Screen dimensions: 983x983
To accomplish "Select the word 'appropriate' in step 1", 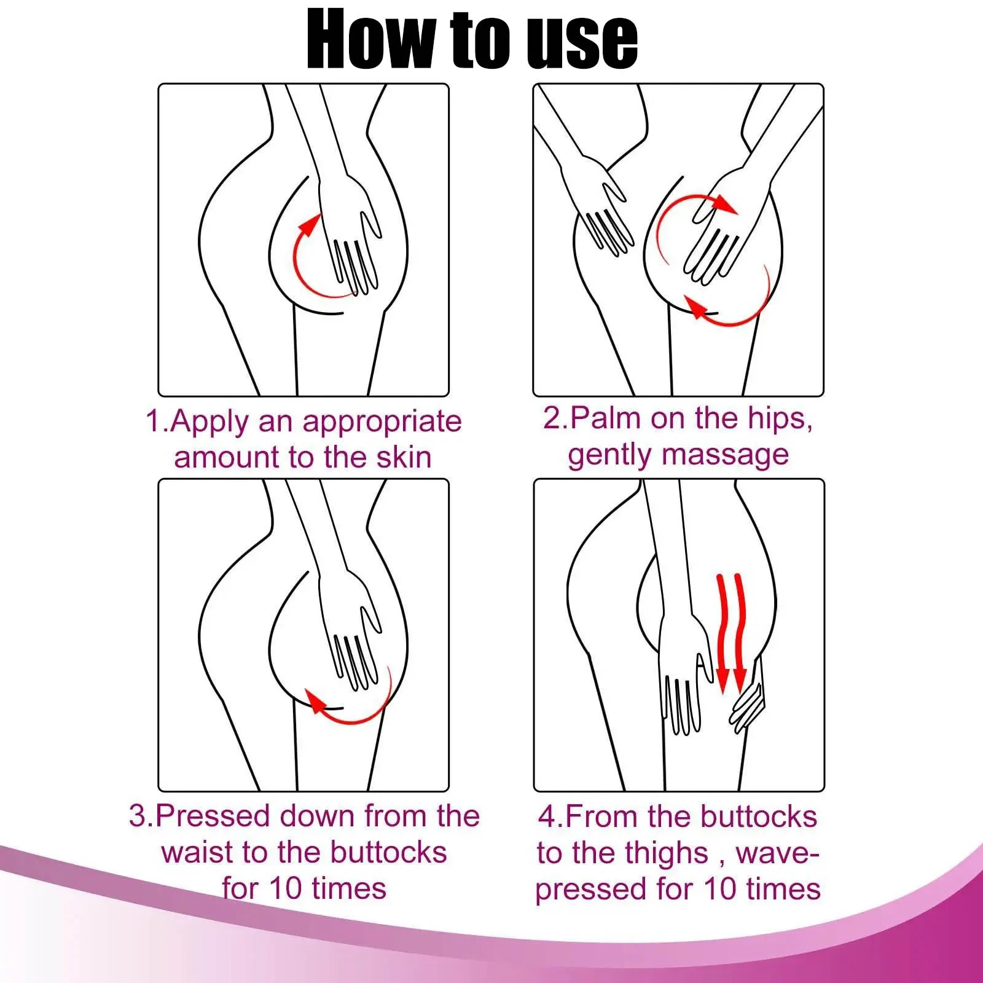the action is click(x=382, y=423).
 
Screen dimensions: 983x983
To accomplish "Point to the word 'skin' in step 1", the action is click(x=404, y=457).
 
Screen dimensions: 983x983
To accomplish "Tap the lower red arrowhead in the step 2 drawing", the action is click(x=697, y=307).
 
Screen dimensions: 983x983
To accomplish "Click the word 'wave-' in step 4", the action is click(x=777, y=854).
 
